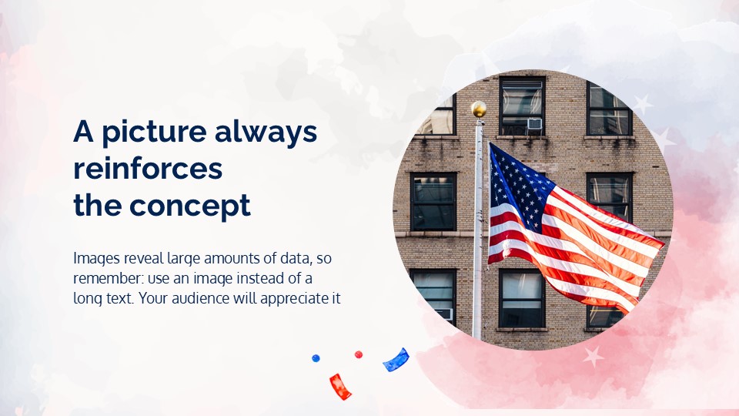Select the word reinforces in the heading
148,169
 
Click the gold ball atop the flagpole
479,109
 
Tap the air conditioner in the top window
534,123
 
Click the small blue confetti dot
316,358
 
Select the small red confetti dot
358,354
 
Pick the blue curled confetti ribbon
396,360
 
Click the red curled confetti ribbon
340,386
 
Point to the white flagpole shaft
477,231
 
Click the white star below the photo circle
593,355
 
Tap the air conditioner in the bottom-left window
443,314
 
